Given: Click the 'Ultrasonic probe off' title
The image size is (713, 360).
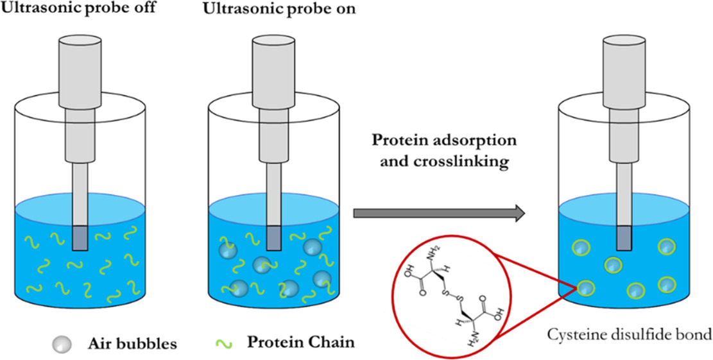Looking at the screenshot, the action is coord(78,8).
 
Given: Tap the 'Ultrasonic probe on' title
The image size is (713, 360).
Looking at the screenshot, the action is coord(280,8).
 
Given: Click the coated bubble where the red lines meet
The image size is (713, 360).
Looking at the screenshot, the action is coord(586,287).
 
